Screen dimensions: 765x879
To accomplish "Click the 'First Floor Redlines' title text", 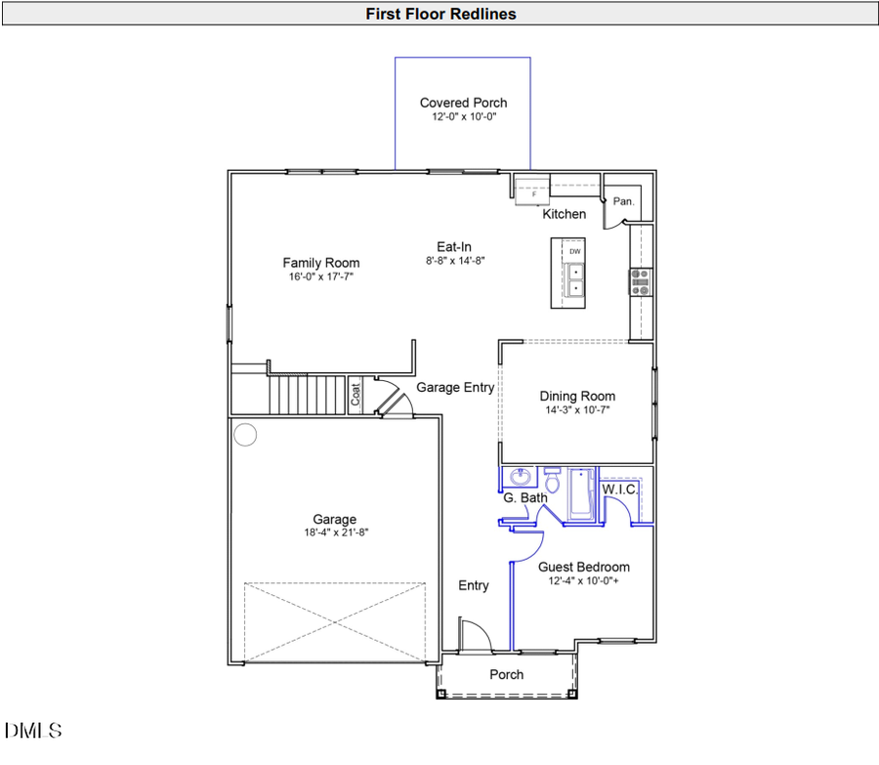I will click(x=440, y=14).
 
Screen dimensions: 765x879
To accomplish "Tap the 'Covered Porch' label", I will click(x=463, y=103).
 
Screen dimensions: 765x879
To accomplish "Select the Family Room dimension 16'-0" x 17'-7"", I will click(x=320, y=276).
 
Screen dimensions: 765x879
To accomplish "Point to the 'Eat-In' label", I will click(x=454, y=246).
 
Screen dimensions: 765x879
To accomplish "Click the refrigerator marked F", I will click(x=533, y=193).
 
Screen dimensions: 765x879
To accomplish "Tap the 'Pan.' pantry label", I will click(x=623, y=201).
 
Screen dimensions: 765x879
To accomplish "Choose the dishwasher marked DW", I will click(x=574, y=252).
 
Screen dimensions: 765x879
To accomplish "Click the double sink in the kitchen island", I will click(x=574, y=280).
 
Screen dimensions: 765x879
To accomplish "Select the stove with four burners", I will click(x=643, y=281).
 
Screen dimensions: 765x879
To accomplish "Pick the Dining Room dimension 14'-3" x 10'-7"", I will click(x=577, y=410).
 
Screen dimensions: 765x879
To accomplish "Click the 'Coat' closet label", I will click(x=356, y=394).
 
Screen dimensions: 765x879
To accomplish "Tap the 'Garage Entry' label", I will click(x=455, y=388).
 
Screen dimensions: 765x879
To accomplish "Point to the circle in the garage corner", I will click(x=245, y=434).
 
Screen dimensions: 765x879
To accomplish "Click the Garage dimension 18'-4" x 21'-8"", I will click(x=334, y=532).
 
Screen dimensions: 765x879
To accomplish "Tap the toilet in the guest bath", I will click(x=552, y=481).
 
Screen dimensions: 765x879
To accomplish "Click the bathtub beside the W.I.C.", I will click(x=582, y=493).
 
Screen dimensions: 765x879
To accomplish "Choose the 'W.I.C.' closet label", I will click(x=620, y=489).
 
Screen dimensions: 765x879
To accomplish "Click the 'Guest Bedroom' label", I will click(x=584, y=567).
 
